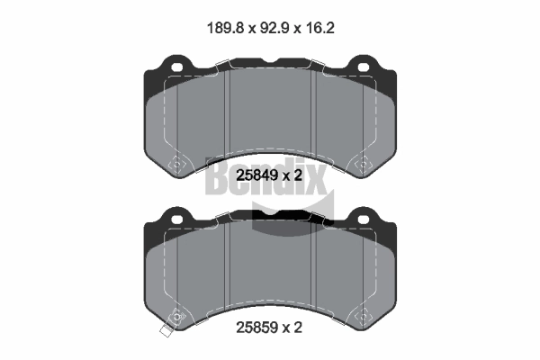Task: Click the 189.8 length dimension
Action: coord(226,28)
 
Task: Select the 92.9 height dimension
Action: coord(275,28)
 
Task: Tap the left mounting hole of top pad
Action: coord(176,67)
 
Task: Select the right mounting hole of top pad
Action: coord(364,67)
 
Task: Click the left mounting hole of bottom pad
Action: coord(176,219)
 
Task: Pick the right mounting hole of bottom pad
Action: coord(364,219)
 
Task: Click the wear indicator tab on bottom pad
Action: coord(166,331)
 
